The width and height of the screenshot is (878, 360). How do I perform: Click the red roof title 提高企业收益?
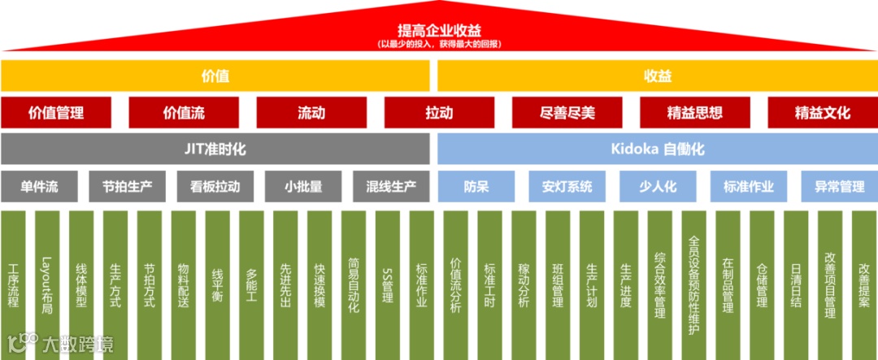coord(438,30)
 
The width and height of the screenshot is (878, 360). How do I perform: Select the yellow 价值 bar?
coord(215,76)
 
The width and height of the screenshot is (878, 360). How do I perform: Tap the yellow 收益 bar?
coord(657,76)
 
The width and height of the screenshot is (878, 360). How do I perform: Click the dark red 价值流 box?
coord(184,113)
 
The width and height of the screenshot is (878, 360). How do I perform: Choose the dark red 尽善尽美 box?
coord(567,113)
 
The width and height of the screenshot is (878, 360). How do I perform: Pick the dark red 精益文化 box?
coord(822,113)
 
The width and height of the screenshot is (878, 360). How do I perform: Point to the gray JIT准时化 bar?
coord(215,150)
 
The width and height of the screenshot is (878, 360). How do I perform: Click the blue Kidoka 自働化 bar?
coord(657,150)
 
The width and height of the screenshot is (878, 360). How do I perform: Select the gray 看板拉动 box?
coord(215,186)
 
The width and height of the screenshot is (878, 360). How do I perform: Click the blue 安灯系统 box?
coord(567,186)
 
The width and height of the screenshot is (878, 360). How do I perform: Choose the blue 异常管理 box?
coord(839,186)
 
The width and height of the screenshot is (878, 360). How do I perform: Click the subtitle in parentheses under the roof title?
coord(438,44)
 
